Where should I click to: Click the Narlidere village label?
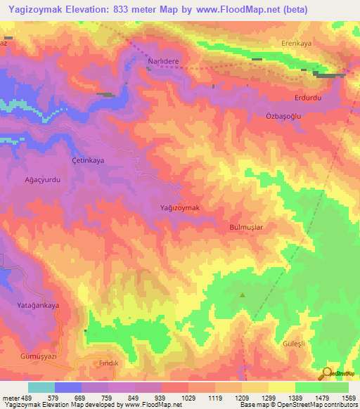163,62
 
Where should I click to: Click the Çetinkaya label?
89,160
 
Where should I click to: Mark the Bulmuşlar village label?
246,228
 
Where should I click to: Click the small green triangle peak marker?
243,295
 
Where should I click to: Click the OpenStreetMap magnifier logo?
328,373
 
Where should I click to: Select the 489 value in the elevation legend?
18,398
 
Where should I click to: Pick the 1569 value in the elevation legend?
348,398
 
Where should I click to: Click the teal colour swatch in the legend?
41,387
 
